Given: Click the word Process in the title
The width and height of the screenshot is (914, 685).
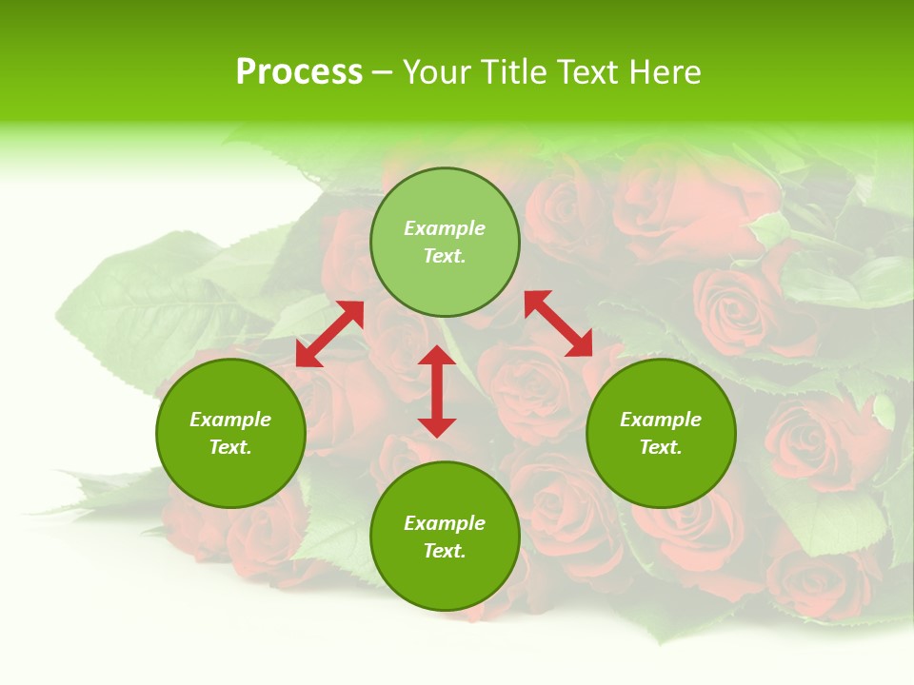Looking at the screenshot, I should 299,72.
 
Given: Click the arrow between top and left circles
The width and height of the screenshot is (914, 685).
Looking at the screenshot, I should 329,333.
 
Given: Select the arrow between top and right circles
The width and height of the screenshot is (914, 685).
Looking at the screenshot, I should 559,323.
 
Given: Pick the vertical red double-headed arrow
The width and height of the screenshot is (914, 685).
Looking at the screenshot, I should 437,391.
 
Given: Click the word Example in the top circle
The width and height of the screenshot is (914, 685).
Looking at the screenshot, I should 445,228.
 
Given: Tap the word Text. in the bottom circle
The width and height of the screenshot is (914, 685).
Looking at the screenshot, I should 445,551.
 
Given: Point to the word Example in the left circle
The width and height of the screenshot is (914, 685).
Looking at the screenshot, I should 230,420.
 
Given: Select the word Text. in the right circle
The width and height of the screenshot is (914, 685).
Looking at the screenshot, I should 661,447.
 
